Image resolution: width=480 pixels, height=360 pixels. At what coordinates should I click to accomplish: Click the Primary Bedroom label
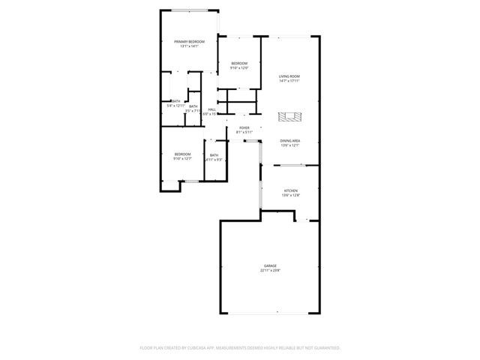click(x=190, y=41)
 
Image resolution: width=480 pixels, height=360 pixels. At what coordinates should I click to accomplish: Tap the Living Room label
click(x=289, y=76)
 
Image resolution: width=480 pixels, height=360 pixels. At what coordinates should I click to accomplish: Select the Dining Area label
click(x=290, y=141)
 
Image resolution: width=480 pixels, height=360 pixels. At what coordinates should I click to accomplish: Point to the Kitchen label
click(x=290, y=190)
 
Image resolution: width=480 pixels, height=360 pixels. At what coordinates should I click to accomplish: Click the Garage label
click(x=270, y=266)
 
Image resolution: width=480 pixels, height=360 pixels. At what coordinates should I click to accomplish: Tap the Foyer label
click(x=244, y=127)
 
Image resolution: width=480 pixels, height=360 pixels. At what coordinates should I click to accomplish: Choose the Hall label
click(x=212, y=109)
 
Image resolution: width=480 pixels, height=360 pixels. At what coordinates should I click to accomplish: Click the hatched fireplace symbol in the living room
click(x=290, y=117)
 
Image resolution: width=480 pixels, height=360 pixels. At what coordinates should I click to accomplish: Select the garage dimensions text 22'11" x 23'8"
click(x=270, y=271)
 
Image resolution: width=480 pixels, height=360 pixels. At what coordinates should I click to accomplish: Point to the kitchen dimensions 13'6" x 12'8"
click(x=290, y=195)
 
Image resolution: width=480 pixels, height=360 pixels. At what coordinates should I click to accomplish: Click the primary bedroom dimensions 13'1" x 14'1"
click(x=190, y=46)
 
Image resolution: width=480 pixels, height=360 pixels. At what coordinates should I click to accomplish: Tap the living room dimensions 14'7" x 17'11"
click(x=289, y=80)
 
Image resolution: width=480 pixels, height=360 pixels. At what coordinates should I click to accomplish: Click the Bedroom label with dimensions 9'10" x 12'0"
click(x=239, y=63)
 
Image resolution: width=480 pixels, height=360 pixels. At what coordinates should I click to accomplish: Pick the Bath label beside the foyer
click(x=214, y=155)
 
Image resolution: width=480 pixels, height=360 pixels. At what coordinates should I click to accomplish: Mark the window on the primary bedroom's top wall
click(x=188, y=10)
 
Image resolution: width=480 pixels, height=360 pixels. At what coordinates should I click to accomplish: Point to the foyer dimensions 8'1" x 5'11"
click(x=244, y=132)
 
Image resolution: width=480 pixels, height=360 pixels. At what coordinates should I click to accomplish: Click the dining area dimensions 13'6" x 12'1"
click(x=290, y=145)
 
